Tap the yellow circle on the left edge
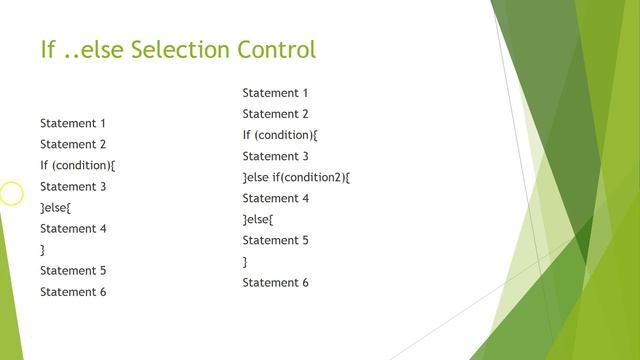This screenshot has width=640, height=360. click(10, 193)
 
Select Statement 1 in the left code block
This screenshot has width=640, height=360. click(73, 123)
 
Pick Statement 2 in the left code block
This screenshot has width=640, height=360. click(73, 144)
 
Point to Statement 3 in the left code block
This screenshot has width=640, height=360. click(73, 186)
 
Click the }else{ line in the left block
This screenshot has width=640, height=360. click(56, 207)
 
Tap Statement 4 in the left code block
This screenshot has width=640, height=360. click(73, 228)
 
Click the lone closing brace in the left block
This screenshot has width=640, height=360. click(43, 250)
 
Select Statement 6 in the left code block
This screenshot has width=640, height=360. click(73, 292)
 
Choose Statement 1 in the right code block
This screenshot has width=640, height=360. click(275, 93)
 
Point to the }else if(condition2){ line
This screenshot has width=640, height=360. click(296, 178)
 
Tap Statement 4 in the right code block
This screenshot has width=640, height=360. click(275, 198)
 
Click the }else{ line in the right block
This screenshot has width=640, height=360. click(258, 219)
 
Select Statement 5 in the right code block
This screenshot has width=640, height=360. click(275, 240)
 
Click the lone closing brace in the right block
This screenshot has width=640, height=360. click(245, 262)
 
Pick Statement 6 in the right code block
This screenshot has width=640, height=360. click(275, 283)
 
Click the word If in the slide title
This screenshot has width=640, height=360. click(47, 49)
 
